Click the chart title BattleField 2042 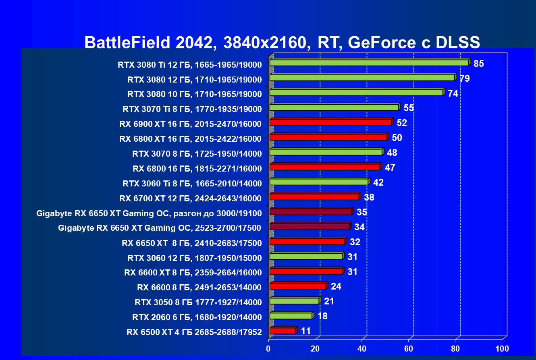tap(282, 42)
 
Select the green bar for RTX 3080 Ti tap(369, 63)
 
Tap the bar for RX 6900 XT tap(330, 122)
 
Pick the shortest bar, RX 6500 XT tap(283, 331)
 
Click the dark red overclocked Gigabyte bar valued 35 tap(310, 212)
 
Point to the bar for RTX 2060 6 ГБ tap(291, 316)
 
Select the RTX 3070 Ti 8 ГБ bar tap(334, 108)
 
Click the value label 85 tap(479, 64)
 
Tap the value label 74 tap(453, 93)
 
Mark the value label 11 tap(306, 331)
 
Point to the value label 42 tap(378, 182)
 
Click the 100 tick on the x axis tap(502, 348)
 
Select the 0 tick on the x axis tap(269, 348)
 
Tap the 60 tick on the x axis tap(409, 348)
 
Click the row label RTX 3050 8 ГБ tap(198, 302)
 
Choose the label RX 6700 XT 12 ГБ tap(190, 198)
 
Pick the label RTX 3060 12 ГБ tap(194, 257)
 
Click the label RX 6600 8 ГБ tap(199, 287)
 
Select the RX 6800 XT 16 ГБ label tap(190, 139)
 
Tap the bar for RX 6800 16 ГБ tap(325, 167)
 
